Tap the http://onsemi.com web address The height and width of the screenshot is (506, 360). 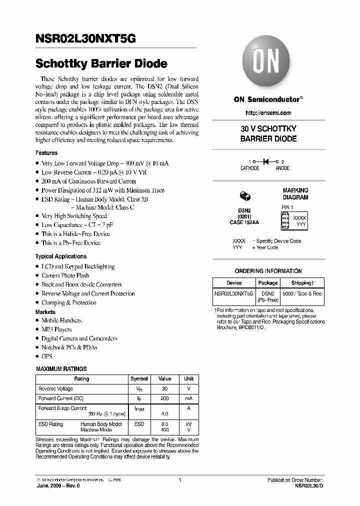(x=268, y=113)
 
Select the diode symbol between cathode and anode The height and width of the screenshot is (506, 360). (x=266, y=161)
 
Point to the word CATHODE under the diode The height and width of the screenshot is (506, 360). (x=250, y=168)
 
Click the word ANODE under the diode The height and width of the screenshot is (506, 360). (x=282, y=168)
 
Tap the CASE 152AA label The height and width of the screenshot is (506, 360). (x=244, y=221)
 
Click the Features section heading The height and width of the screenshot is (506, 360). (x=46, y=153)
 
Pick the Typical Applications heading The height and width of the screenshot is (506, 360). (x=61, y=256)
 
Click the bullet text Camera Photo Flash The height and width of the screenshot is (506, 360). (x=65, y=275)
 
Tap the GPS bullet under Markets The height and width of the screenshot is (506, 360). (x=46, y=356)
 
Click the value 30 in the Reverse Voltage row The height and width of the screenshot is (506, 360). (x=164, y=388)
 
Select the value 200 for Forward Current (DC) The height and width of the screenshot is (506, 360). (x=164, y=398)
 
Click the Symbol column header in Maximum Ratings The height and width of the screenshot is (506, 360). (x=139, y=378)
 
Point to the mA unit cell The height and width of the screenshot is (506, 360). (x=188, y=398)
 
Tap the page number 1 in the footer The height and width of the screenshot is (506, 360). (x=179, y=480)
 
